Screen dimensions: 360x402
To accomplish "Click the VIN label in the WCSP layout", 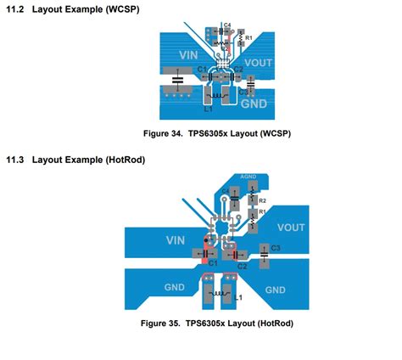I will tap(187, 54).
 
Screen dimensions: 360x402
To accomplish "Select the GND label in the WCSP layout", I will tap(254, 103).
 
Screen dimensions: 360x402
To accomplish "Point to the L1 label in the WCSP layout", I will tap(208, 109).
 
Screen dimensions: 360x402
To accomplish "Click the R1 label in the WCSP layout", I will tap(250, 38).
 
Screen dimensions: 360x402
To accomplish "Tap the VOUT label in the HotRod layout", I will tap(291, 227).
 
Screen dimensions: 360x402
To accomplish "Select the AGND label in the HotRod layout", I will tap(248, 178).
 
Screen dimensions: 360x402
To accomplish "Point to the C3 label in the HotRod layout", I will tap(276, 247).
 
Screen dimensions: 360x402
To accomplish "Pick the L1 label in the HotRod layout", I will tap(239, 297).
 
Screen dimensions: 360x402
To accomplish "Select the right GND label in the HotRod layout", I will tap(275, 289).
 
